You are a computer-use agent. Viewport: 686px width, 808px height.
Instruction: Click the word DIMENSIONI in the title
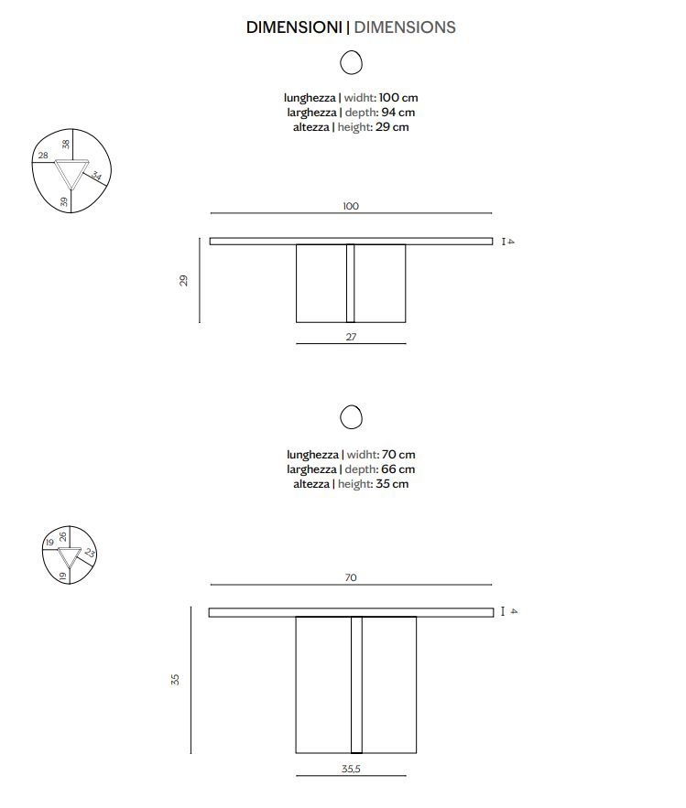(294, 27)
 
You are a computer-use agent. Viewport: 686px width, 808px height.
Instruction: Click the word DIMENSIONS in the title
(405, 27)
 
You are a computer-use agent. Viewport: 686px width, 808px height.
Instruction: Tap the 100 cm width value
(398, 97)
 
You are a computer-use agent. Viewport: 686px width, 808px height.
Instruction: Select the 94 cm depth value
(397, 112)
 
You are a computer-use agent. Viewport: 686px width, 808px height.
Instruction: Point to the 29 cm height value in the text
(392, 127)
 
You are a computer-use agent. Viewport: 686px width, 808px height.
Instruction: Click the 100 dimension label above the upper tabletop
(351, 206)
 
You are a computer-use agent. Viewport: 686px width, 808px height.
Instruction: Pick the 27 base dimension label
(351, 337)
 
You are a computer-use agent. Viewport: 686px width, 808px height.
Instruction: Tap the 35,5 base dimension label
(351, 769)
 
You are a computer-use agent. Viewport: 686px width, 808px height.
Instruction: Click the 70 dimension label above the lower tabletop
(351, 577)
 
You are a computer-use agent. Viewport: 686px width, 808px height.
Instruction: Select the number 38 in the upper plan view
(66, 145)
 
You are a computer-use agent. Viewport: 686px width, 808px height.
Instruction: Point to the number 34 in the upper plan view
(96, 175)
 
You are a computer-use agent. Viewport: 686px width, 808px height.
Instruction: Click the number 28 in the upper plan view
(43, 156)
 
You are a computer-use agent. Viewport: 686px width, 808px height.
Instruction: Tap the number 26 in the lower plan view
(63, 537)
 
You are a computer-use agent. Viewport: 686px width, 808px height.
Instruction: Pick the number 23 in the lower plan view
(90, 553)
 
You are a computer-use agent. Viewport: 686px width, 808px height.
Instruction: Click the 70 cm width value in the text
(398, 455)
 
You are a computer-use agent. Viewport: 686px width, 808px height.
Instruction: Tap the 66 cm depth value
(397, 469)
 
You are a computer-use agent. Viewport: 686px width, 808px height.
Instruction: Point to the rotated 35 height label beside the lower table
(175, 679)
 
